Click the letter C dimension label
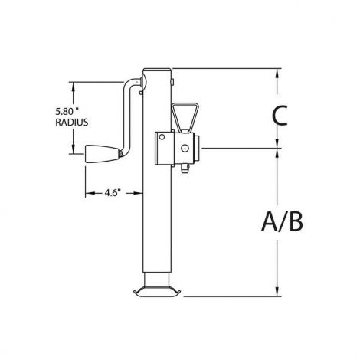click(280, 116)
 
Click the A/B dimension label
click(283, 222)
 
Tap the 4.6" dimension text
click(113, 193)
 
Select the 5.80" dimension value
click(67, 111)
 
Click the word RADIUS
click(72, 123)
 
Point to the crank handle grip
click(102, 154)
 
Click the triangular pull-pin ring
click(185, 116)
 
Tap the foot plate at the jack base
click(157, 293)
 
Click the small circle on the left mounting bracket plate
click(162, 137)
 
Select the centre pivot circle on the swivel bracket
click(185, 148)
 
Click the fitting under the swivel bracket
click(185, 169)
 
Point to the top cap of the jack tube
click(157, 70)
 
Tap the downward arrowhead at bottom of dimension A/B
click(277, 292)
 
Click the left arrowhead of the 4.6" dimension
click(90, 193)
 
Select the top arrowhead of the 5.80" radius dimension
click(74, 87)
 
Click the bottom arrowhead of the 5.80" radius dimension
click(74, 149)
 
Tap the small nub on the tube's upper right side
click(172, 82)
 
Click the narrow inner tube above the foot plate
click(157, 280)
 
